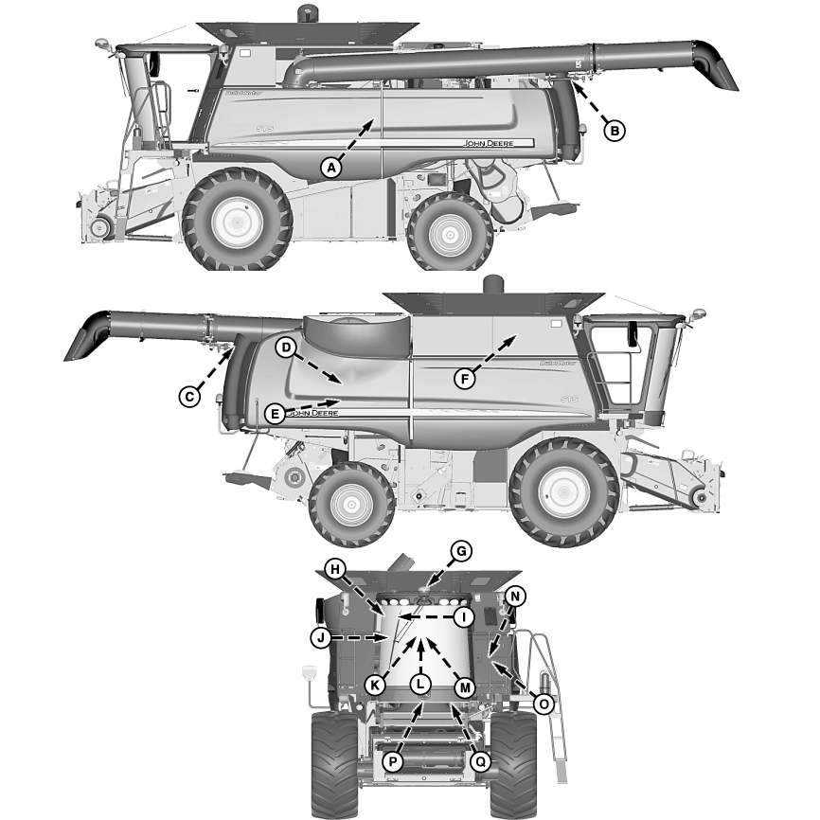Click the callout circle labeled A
[330, 168]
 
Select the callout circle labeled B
[615, 131]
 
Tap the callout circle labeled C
[190, 397]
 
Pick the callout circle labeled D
[286, 348]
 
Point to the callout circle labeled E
[275, 413]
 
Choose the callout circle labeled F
[464, 379]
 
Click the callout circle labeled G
[462, 550]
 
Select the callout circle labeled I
[463, 617]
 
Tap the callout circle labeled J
[321, 638]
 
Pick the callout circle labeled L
[421, 684]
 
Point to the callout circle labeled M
[463, 686]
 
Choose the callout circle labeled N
[514, 597]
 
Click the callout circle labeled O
[543, 704]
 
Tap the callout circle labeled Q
[480, 759]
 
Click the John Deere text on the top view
[498, 143]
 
